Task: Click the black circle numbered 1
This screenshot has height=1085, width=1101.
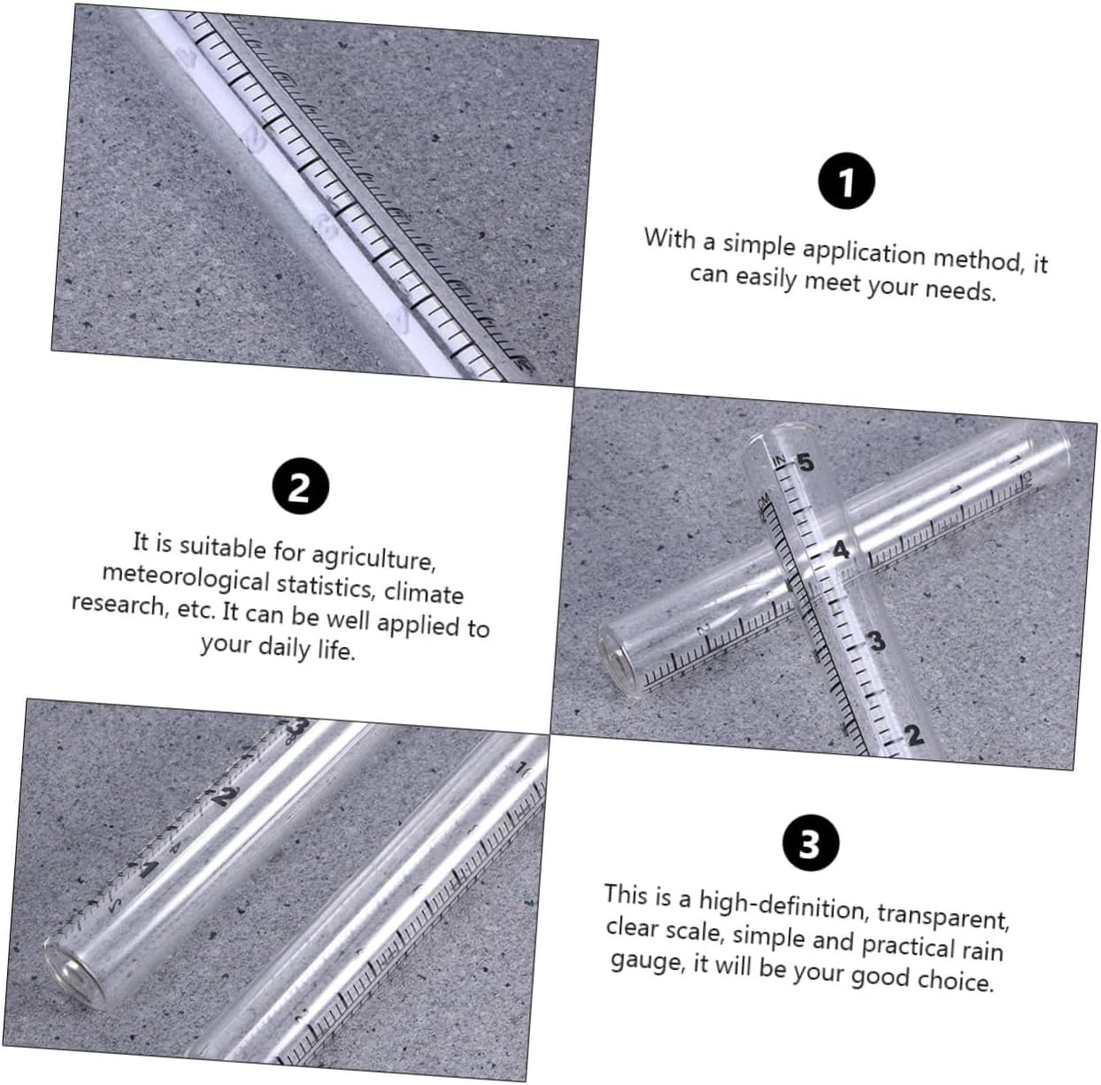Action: click(846, 182)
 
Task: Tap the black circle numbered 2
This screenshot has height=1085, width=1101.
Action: click(300, 486)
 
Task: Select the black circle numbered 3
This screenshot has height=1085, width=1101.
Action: click(810, 843)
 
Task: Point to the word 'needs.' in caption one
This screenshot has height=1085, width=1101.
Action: click(960, 289)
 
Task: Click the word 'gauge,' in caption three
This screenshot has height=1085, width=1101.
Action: click(647, 961)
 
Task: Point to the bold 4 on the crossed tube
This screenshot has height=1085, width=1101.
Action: click(840, 550)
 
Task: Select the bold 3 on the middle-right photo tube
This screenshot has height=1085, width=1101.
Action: click(876, 641)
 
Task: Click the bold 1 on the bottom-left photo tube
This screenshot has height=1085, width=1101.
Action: click(148, 869)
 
